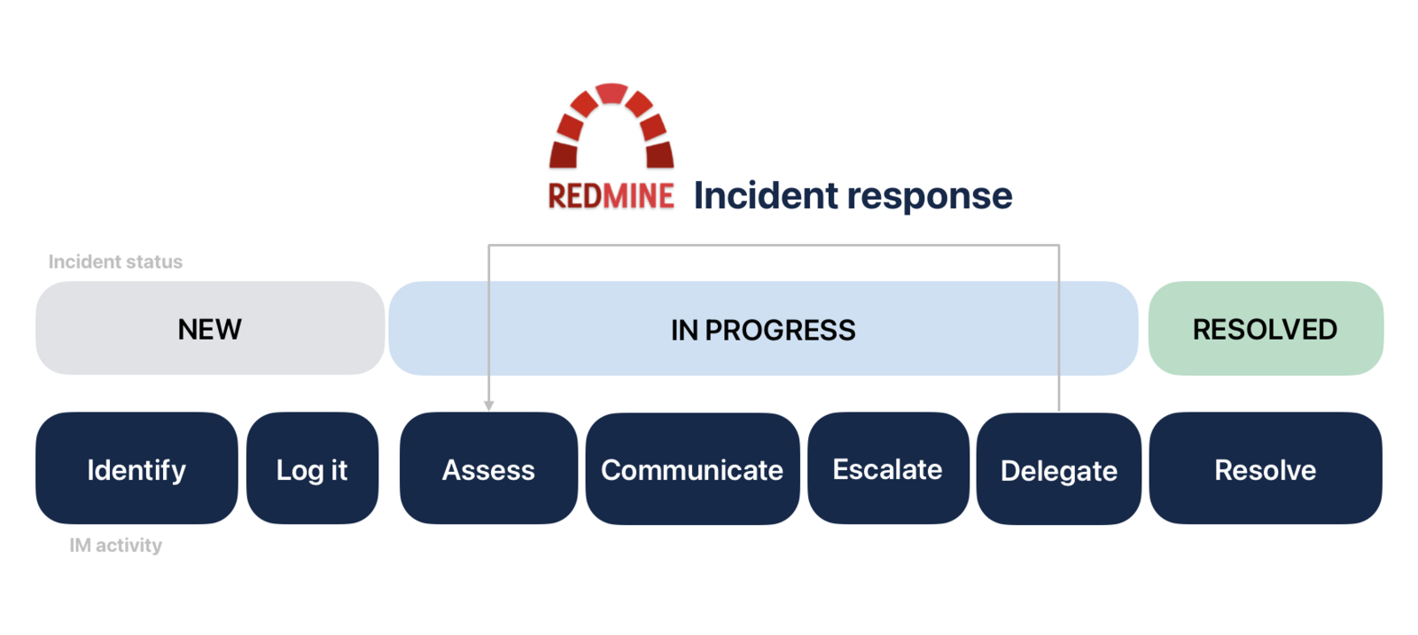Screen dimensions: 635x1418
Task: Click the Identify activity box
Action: pos(136,468)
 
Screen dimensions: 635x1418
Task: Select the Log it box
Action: pos(312,468)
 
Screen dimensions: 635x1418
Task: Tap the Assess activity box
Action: pos(488,468)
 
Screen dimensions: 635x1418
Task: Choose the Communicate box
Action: pos(692,468)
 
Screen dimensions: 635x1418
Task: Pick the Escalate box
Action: pos(887,468)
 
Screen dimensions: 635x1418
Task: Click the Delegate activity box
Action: pos(1058,469)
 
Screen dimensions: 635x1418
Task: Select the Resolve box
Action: pos(1265,468)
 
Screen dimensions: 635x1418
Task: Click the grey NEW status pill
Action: pos(209,329)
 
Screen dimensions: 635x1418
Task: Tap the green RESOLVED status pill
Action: pos(1265,329)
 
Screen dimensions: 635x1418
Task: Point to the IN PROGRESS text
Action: pos(762,330)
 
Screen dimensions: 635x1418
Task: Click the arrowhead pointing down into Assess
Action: pos(488,405)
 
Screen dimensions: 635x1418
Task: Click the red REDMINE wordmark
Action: pos(611,196)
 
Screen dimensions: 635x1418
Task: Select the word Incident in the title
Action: pos(765,195)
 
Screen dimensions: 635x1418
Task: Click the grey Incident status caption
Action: pos(115,262)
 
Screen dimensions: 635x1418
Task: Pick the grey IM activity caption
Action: pos(115,545)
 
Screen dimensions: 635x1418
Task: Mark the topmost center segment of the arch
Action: pos(612,93)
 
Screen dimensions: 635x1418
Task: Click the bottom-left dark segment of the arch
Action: pos(564,155)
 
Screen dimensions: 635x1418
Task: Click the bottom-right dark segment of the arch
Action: pos(659,155)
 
